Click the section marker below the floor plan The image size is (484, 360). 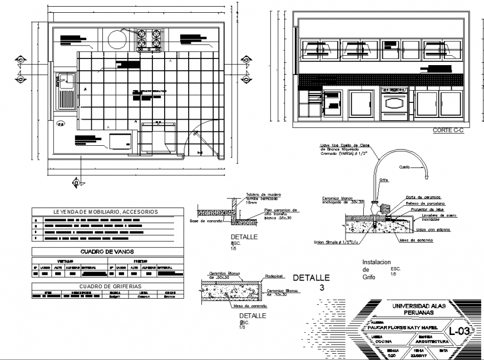click(x=76, y=181)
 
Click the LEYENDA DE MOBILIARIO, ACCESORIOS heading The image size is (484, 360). click(x=106, y=212)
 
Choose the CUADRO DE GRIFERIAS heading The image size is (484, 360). click(x=106, y=286)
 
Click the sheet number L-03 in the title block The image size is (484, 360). click(x=460, y=331)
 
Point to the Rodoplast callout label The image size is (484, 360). click(x=274, y=277)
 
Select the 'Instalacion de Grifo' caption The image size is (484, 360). click(x=377, y=269)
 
